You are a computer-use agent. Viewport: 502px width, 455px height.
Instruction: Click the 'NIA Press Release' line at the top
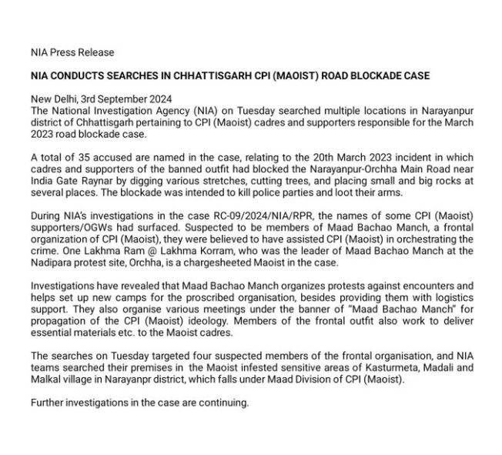[72, 52]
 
